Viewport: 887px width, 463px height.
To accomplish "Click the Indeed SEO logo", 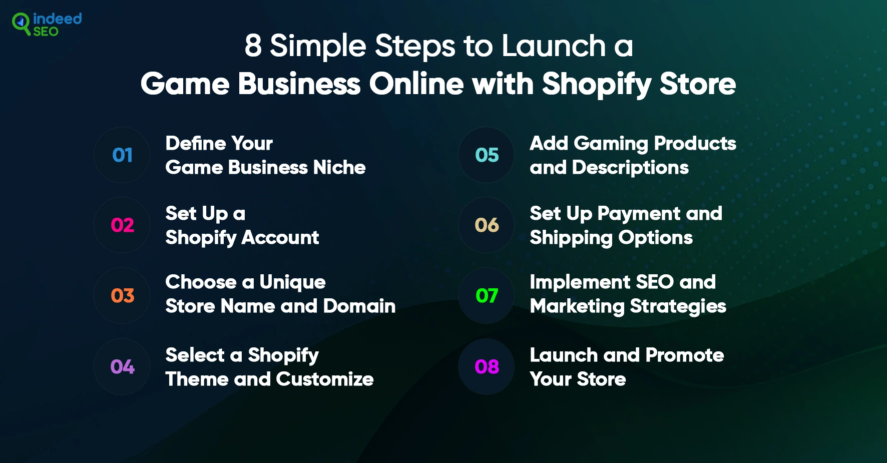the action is [47, 25].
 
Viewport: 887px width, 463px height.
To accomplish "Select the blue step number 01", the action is [123, 155].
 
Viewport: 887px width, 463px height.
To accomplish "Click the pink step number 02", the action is [123, 225].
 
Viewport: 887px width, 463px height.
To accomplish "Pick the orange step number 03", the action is [123, 296].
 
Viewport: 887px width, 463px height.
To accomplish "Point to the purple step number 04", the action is [123, 367].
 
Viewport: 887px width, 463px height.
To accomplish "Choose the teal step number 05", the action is [487, 155].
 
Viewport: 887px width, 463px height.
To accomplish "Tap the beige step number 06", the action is [487, 225].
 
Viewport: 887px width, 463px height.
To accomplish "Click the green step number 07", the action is [487, 296].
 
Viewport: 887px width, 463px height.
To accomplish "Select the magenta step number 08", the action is [487, 367].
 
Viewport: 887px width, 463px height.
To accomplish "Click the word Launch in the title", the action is [554, 46].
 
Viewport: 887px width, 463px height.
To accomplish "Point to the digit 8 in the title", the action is [253, 46].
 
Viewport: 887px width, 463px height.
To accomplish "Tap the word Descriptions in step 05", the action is [630, 168].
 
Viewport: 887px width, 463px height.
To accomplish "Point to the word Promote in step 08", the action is [685, 355].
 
